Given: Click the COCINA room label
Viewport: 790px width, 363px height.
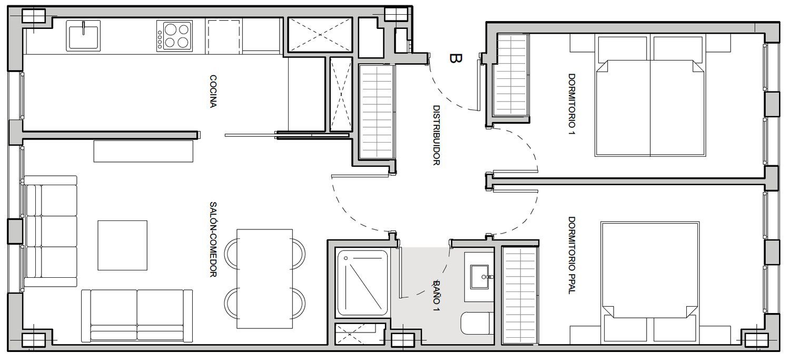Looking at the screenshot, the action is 213,92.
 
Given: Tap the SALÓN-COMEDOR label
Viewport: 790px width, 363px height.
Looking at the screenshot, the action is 213,239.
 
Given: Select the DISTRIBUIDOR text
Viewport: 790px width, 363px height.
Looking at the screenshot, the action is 436,135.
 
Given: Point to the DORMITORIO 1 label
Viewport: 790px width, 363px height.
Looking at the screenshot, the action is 571,104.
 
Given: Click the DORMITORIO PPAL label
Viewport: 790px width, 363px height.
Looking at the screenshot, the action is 571,255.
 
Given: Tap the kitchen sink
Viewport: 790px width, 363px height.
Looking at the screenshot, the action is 83,36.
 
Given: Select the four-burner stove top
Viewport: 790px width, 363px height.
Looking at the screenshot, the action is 174,36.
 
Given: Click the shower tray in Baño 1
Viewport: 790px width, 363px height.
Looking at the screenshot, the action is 362,283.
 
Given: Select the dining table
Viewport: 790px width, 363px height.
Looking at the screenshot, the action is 264,279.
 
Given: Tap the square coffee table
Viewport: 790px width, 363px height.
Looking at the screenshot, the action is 122,245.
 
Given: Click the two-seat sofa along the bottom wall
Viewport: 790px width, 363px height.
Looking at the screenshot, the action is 137,316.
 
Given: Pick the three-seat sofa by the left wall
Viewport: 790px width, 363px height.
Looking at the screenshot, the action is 51,231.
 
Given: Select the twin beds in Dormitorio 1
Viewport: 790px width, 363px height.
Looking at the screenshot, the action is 650,96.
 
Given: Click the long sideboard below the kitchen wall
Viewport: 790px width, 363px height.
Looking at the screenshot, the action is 144,151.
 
